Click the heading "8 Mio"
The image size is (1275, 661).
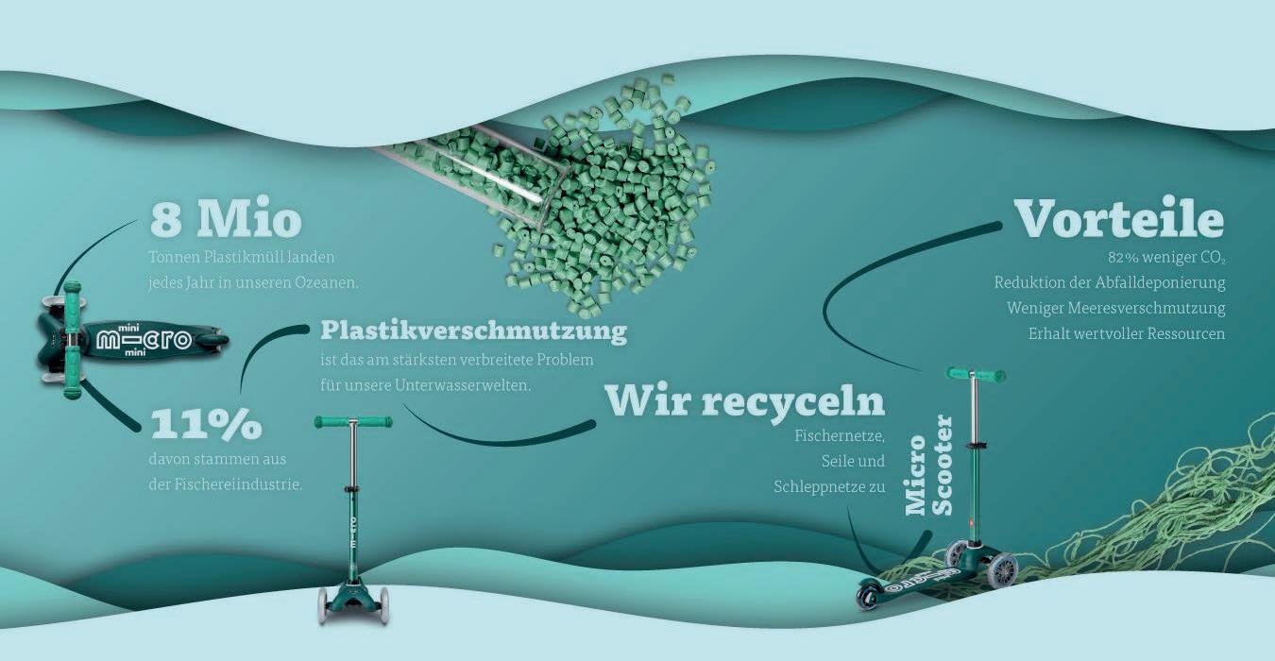click(x=226, y=220)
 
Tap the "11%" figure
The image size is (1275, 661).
click(x=206, y=425)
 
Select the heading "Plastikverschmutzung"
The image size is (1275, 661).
click(x=473, y=331)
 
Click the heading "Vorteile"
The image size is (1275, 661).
click(x=1119, y=219)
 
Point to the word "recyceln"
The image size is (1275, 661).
click(x=792, y=401)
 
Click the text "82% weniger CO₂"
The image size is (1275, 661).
click(x=1166, y=257)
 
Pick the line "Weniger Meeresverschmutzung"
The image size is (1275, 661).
click(x=1115, y=308)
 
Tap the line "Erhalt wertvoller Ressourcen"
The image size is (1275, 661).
click(x=1126, y=333)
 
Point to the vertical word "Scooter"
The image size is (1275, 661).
click(x=942, y=465)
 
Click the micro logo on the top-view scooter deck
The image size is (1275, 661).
click(x=144, y=339)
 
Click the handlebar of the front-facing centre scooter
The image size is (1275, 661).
click(x=353, y=422)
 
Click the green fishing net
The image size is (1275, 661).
click(x=1181, y=510)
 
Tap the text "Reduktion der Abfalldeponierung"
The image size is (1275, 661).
click(x=1109, y=282)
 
